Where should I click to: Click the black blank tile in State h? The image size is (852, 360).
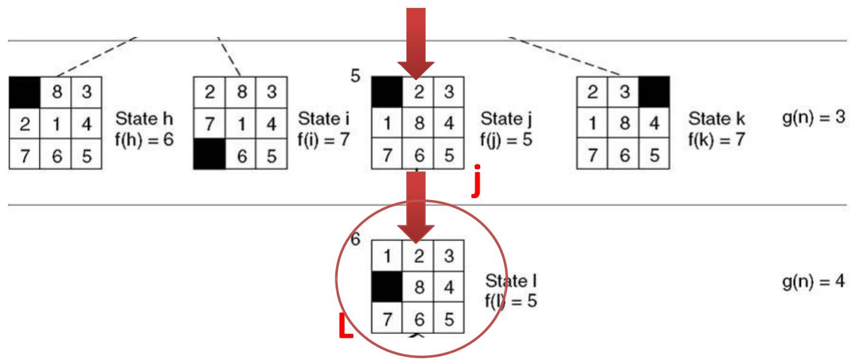click(x=25, y=92)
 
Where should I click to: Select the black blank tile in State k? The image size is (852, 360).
click(x=654, y=92)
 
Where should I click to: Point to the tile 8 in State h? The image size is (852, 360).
click(x=55, y=92)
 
